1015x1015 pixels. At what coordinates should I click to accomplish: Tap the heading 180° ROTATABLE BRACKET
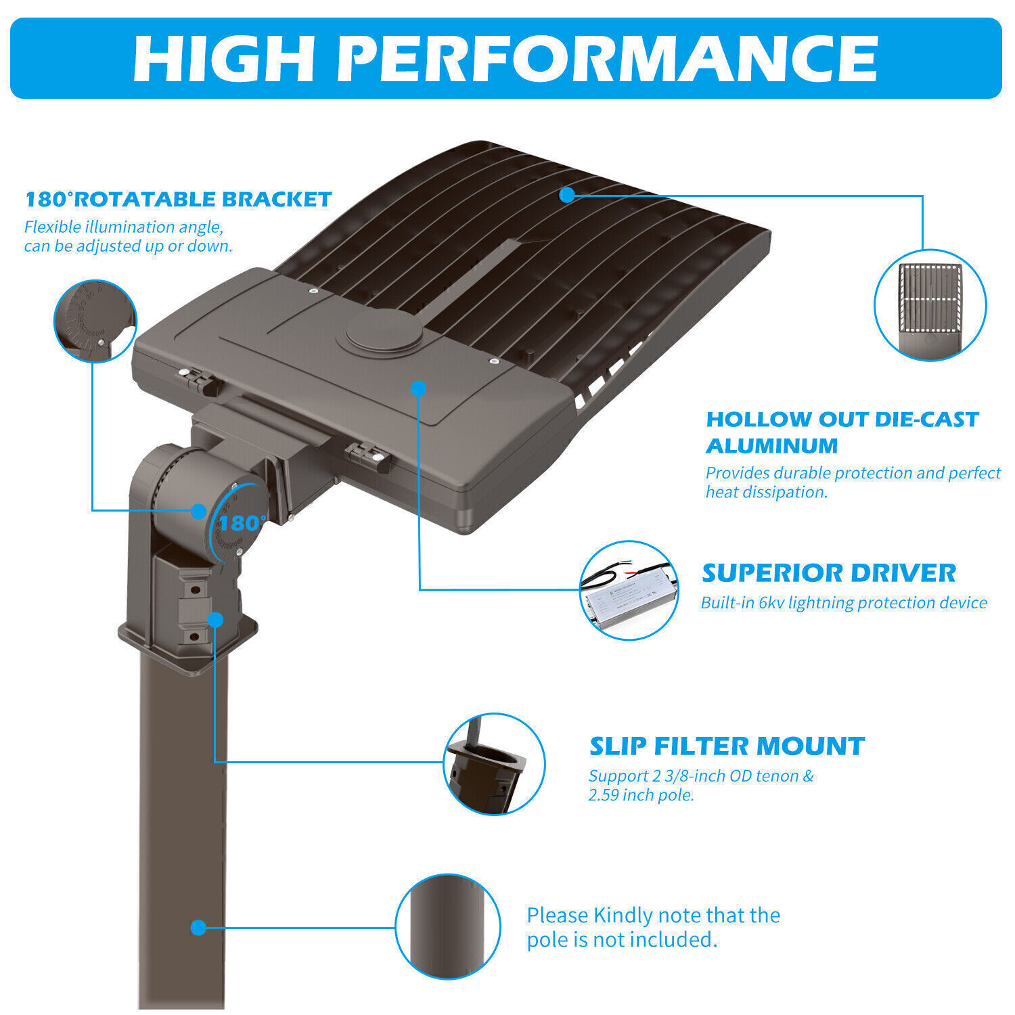178,200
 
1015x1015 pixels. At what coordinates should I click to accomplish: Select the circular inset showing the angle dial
95,321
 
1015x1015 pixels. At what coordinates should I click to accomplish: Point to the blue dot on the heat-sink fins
567,195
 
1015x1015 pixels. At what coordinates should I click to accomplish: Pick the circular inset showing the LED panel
930,304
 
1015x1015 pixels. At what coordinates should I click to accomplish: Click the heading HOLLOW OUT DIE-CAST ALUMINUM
842,432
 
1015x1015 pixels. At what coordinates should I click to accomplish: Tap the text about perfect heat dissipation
853,482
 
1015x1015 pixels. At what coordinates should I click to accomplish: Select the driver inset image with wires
629,590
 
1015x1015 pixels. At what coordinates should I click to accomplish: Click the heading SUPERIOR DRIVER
829,573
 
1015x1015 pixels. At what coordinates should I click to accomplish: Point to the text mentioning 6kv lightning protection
844,603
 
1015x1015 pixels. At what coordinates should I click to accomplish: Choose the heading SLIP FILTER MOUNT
727,746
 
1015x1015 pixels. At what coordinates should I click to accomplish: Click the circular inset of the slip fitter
494,764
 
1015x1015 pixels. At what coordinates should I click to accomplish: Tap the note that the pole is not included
653,928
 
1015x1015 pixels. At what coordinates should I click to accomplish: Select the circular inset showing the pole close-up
447,926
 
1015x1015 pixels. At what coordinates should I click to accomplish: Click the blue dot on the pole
198,927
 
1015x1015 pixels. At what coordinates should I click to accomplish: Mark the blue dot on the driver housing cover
419,388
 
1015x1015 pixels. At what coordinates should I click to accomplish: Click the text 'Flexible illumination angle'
124,227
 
